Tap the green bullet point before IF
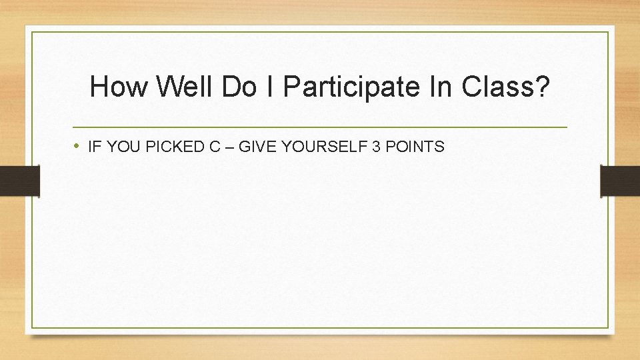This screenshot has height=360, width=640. tap(78, 146)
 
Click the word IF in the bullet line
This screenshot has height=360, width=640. tap(93, 147)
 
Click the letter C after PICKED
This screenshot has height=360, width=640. tap(215, 147)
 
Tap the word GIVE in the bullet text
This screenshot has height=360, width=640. tap(254, 147)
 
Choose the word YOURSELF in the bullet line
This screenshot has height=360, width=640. tap(321, 147)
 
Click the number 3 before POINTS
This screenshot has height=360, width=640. tap(377, 147)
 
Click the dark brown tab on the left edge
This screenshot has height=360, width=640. tap(19, 181)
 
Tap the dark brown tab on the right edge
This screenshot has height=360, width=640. tap(620, 181)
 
